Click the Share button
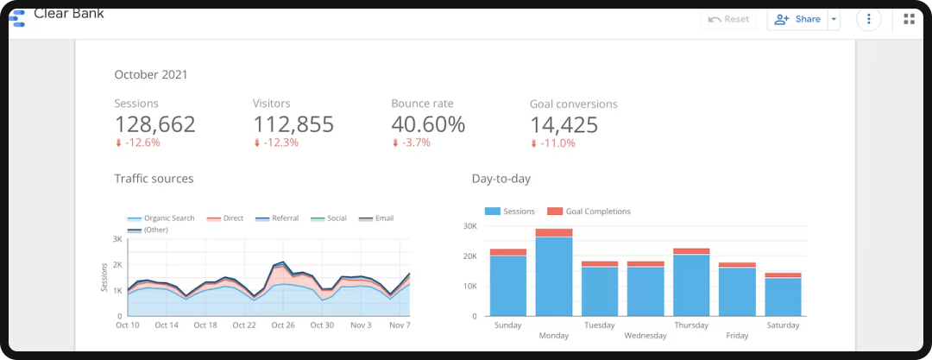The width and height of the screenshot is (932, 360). pyautogui.click(x=797, y=19)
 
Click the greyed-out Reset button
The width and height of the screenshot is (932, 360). pyautogui.click(x=728, y=19)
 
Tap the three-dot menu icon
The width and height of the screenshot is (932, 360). pyautogui.click(x=868, y=19)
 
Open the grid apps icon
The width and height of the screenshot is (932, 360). pyautogui.click(x=909, y=19)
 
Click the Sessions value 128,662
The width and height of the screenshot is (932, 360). pyautogui.click(x=154, y=124)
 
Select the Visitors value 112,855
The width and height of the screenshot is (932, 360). pyautogui.click(x=293, y=124)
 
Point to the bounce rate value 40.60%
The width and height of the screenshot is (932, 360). pyautogui.click(x=428, y=124)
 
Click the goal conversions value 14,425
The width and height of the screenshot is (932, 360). pyautogui.click(x=564, y=125)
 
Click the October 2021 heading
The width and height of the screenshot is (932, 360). pyautogui.click(x=151, y=75)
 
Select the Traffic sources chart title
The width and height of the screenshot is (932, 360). pyautogui.click(x=154, y=179)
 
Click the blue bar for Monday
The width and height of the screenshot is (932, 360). pyautogui.click(x=554, y=276)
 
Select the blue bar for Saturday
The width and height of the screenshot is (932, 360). pyautogui.click(x=783, y=297)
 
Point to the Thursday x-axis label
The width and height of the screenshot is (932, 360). pyautogui.click(x=691, y=325)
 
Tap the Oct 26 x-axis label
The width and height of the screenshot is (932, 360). pyautogui.click(x=283, y=325)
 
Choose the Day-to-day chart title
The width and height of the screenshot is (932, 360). pyautogui.click(x=501, y=179)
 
